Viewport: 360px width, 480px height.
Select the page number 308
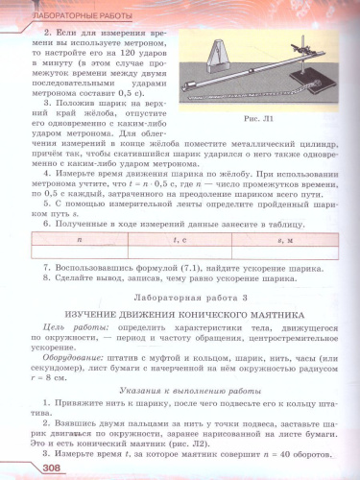[24, 467]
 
